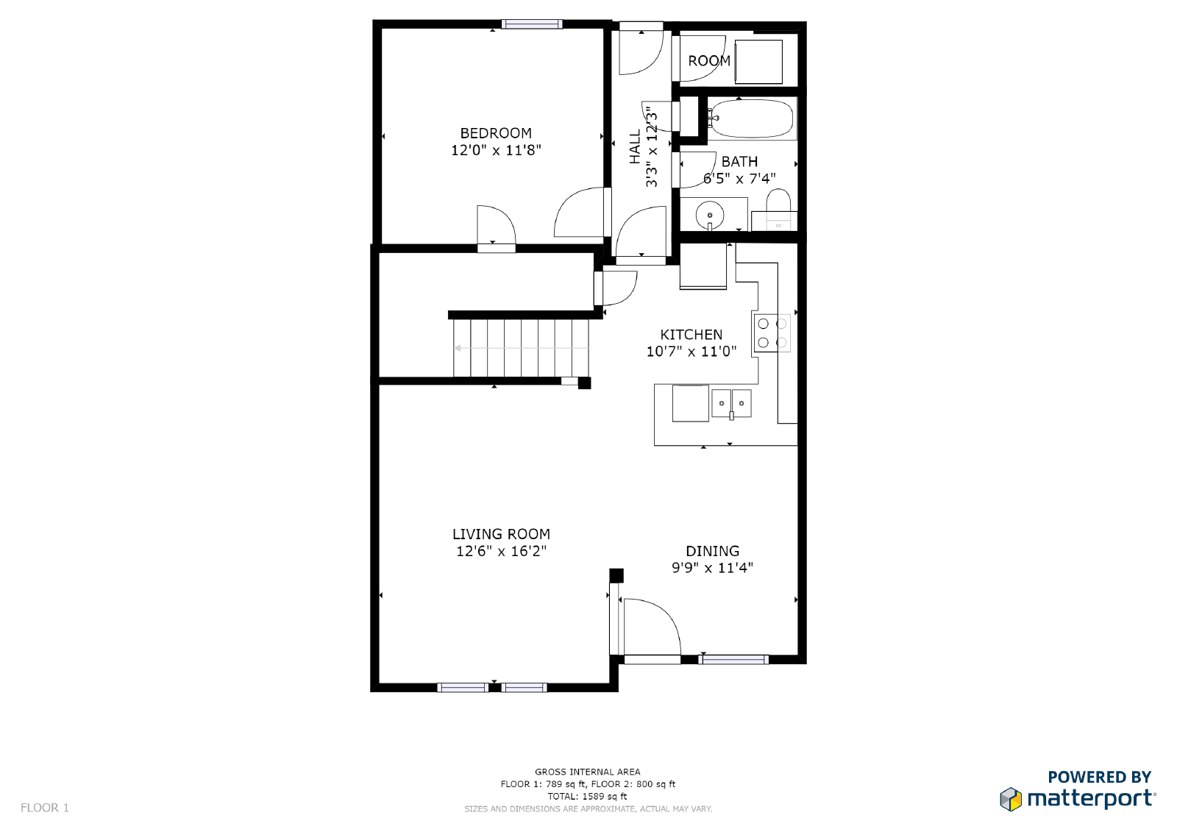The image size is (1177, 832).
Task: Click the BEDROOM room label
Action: tap(496, 133)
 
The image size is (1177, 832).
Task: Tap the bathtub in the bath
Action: tap(751, 118)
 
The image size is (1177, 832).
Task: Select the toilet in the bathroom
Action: tap(778, 209)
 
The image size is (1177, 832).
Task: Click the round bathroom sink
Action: tap(709, 215)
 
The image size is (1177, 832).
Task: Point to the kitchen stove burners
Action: tap(772, 333)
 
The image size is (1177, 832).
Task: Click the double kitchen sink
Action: tap(731, 404)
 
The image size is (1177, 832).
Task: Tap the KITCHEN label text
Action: tap(691, 334)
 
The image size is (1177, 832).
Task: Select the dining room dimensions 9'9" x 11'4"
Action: tap(712, 568)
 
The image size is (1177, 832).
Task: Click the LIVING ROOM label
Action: tap(501, 534)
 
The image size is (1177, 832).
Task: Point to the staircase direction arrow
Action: tap(521, 348)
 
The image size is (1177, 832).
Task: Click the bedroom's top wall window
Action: tap(532, 24)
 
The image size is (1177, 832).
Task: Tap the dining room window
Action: tap(733, 660)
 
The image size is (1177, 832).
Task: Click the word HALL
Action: tap(636, 147)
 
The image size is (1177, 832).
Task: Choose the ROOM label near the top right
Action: tap(709, 61)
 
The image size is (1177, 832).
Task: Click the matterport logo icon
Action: tap(1011, 799)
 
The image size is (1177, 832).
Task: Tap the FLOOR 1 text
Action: tap(45, 808)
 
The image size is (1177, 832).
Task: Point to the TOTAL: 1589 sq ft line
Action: tap(588, 796)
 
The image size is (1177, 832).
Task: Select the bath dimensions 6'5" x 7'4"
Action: tap(739, 179)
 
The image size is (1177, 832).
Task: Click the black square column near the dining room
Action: tap(616, 575)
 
